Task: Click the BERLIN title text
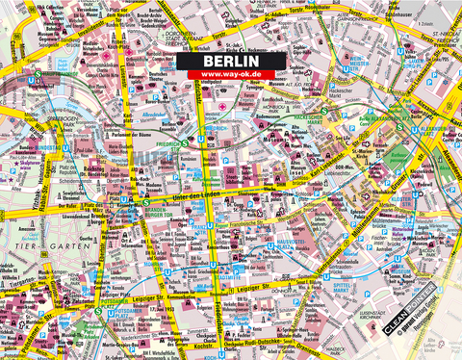[x=230, y=59]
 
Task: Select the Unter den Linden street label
[x=188, y=196]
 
